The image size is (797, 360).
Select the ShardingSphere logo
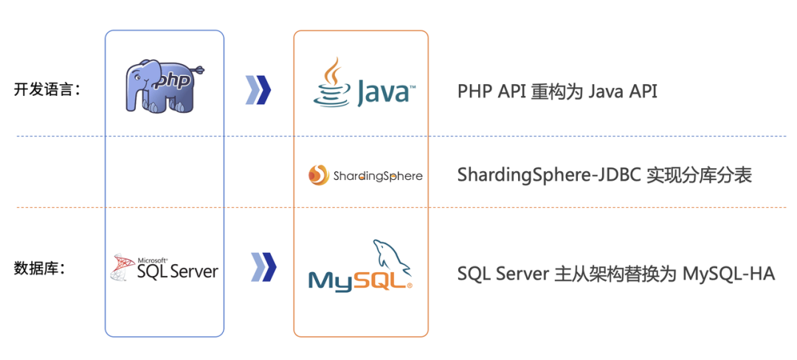[x=365, y=176]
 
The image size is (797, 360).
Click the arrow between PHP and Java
[x=258, y=90]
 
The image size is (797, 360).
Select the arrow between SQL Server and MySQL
[x=263, y=266]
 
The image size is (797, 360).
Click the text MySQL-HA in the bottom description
[x=729, y=274]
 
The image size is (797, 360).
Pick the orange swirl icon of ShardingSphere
[x=318, y=176]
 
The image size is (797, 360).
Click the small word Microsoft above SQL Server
[x=153, y=260]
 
